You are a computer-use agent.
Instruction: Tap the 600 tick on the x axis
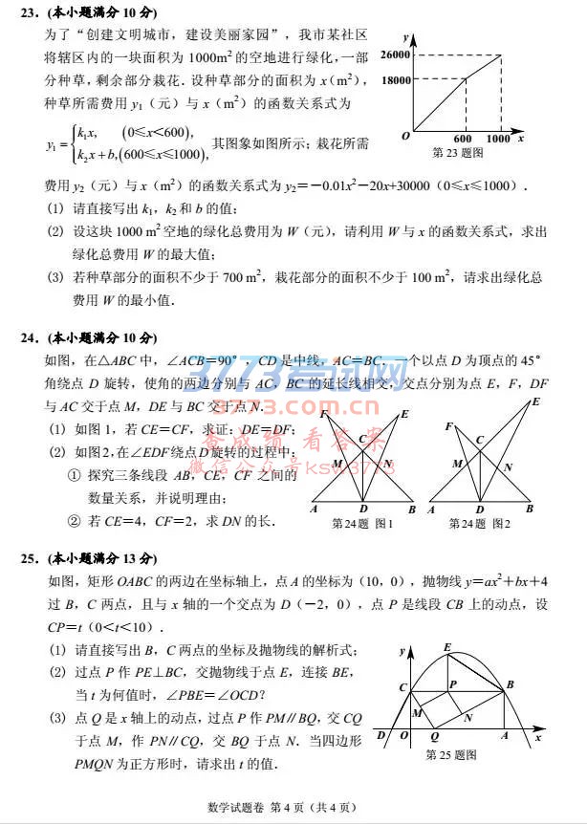(463, 140)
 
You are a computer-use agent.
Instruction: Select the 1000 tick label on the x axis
(498, 140)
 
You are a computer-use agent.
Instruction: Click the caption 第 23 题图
(458, 152)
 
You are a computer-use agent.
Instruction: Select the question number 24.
(29, 338)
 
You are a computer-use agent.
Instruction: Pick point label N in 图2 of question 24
(508, 466)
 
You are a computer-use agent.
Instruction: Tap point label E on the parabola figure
(447, 648)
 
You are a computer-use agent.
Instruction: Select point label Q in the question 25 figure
(435, 738)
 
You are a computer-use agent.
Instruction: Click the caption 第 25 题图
(451, 754)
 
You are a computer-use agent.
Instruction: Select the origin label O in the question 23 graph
(406, 137)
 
